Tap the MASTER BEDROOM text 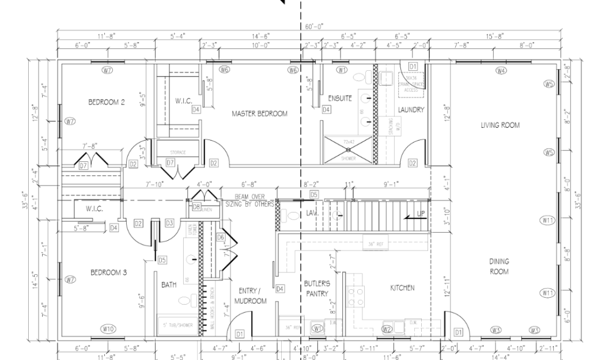259,113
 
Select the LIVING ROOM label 500,125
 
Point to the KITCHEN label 402,287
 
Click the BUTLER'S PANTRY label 317,289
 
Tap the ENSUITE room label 340,98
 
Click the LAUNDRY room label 411,109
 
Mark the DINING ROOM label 499,266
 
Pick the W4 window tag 501,70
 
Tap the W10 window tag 107,329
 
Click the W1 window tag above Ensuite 342,70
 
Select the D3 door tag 169,223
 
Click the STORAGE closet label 178,152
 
